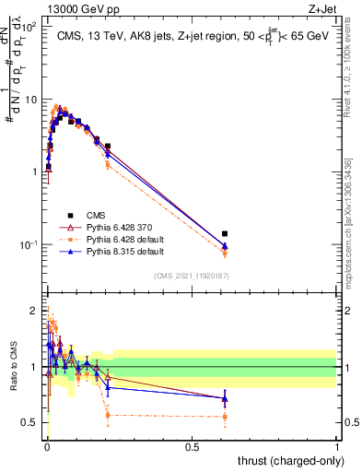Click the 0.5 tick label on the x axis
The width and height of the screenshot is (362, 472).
point(192,444)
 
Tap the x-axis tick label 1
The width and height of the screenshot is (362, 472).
point(337,444)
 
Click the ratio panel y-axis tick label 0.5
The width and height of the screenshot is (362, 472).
point(29,422)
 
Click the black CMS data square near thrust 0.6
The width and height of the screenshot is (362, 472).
point(225,234)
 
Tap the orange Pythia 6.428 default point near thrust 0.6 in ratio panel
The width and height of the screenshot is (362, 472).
point(225,417)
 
